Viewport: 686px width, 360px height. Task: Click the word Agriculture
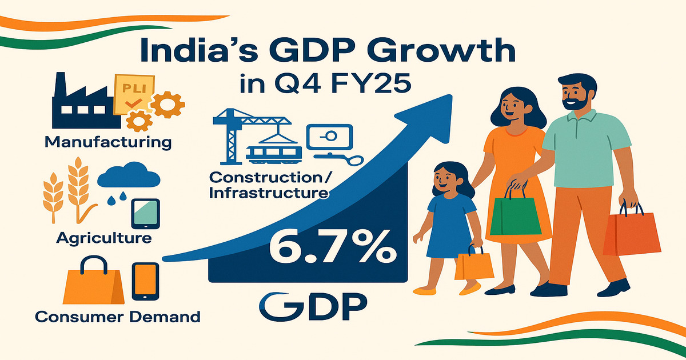[x=104, y=237]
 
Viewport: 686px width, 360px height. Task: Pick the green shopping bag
[x=507, y=219]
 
